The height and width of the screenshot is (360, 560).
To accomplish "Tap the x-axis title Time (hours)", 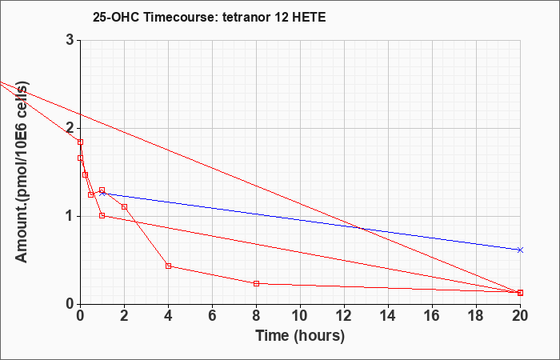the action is click(300, 336).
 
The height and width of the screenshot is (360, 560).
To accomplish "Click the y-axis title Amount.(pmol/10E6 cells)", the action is click(22, 172).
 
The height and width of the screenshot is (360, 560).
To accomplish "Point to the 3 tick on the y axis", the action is click(70, 40).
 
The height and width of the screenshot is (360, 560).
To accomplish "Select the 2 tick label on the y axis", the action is click(70, 128).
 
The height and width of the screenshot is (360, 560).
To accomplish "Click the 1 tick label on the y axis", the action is click(70, 217).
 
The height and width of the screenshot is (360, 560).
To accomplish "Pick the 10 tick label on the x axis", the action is click(300, 315).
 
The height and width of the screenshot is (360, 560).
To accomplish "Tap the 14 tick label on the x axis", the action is click(388, 315).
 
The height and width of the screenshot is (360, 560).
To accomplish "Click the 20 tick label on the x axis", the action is click(520, 315).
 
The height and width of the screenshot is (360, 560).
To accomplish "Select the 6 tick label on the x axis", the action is click(212, 315).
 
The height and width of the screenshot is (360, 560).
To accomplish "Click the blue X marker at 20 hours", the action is click(520, 250).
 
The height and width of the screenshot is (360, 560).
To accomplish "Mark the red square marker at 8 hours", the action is click(256, 283).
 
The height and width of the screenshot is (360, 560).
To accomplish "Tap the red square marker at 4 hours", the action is click(168, 266).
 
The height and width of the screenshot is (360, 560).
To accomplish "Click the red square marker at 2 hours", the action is click(124, 206).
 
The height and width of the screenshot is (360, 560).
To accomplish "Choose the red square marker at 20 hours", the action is click(520, 293).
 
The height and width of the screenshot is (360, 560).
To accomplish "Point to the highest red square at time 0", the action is click(80, 142).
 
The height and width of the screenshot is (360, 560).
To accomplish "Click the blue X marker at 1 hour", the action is click(102, 194).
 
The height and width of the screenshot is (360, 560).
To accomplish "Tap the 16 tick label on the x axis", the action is click(432, 315).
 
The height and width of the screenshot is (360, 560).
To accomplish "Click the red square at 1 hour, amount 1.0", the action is click(102, 215).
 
